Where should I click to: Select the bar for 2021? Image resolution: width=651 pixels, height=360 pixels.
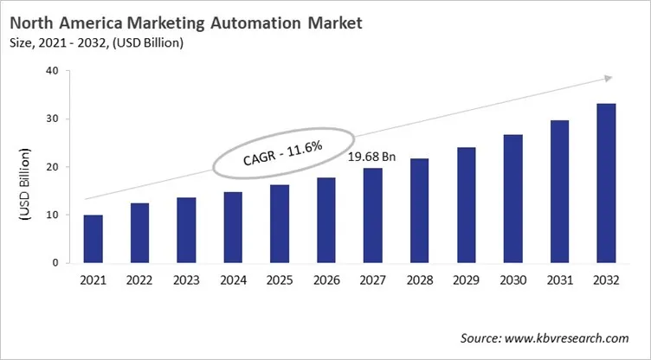93,239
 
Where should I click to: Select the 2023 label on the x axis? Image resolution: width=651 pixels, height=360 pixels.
187,281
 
